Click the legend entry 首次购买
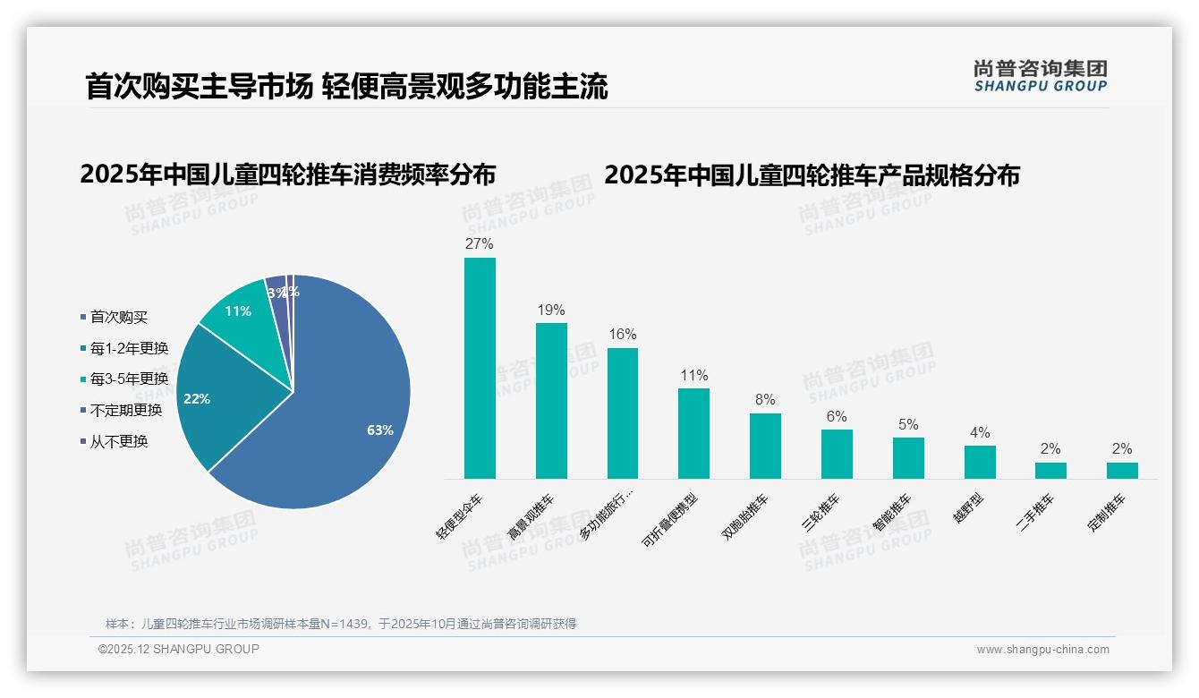(118, 317)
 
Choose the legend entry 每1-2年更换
(129, 348)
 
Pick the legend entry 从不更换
(118, 441)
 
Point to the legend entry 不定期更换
(125, 410)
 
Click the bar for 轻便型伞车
(480, 368)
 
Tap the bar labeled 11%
(693, 433)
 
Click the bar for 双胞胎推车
(765, 446)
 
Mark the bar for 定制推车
(1122, 470)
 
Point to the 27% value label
(480, 243)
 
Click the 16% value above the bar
(623, 334)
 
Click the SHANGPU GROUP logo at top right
(1041, 76)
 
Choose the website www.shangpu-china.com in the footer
(1042, 649)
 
